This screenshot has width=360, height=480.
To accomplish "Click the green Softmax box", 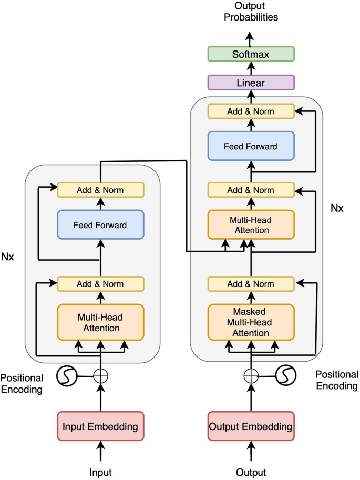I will click(251, 54).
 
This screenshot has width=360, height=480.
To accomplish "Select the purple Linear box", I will click(251, 83).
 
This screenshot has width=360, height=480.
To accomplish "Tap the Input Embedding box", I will click(100, 426).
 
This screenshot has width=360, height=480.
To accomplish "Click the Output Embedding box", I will click(251, 426).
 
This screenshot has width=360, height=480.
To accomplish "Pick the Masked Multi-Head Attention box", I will click(251, 321).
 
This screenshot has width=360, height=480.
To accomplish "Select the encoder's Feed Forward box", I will click(100, 225).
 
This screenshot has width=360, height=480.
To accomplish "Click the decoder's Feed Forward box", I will click(251, 146).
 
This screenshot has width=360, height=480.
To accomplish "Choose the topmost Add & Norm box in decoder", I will click(251, 111).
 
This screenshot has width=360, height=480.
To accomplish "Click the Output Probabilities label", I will click(251, 12).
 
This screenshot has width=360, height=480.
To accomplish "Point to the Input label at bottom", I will click(100, 472).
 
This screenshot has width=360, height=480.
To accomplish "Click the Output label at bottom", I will click(251, 472).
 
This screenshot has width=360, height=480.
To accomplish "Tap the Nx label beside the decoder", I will click(336, 208).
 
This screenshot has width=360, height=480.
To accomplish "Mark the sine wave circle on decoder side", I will click(285, 375).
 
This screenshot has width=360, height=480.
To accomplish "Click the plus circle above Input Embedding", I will click(100, 375).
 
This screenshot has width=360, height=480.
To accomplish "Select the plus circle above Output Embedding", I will click(251, 375).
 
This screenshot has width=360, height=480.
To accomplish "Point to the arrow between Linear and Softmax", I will click(251, 68).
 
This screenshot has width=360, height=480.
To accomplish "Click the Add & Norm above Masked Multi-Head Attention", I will click(251, 284).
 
